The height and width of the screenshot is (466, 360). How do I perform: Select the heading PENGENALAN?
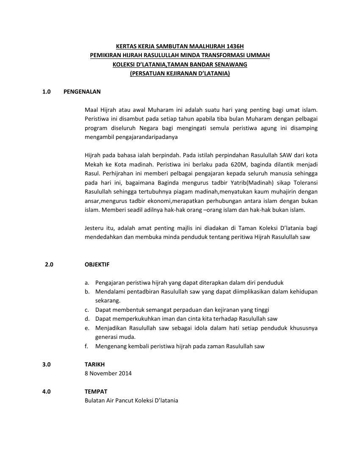tap(82, 92)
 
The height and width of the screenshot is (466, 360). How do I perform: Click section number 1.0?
tap(47, 92)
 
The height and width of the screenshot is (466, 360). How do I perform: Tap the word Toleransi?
tap(304, 183)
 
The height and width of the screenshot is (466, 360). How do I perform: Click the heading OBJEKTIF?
tap(97, 264)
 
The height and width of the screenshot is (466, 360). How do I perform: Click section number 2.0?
tap(49, 264)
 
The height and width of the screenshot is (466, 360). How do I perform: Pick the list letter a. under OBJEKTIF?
tap(87, 283)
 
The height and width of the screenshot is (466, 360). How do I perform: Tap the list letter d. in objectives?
tap(87, 319)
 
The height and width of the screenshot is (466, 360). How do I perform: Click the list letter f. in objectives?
tap(87, 346)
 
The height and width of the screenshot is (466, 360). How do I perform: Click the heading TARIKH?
tap(94, 364)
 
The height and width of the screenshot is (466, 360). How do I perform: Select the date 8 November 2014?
tap(108, 373)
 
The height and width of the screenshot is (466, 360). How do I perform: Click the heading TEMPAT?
tap(96, 391)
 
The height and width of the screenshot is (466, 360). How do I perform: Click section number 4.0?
tap(47, 391)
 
